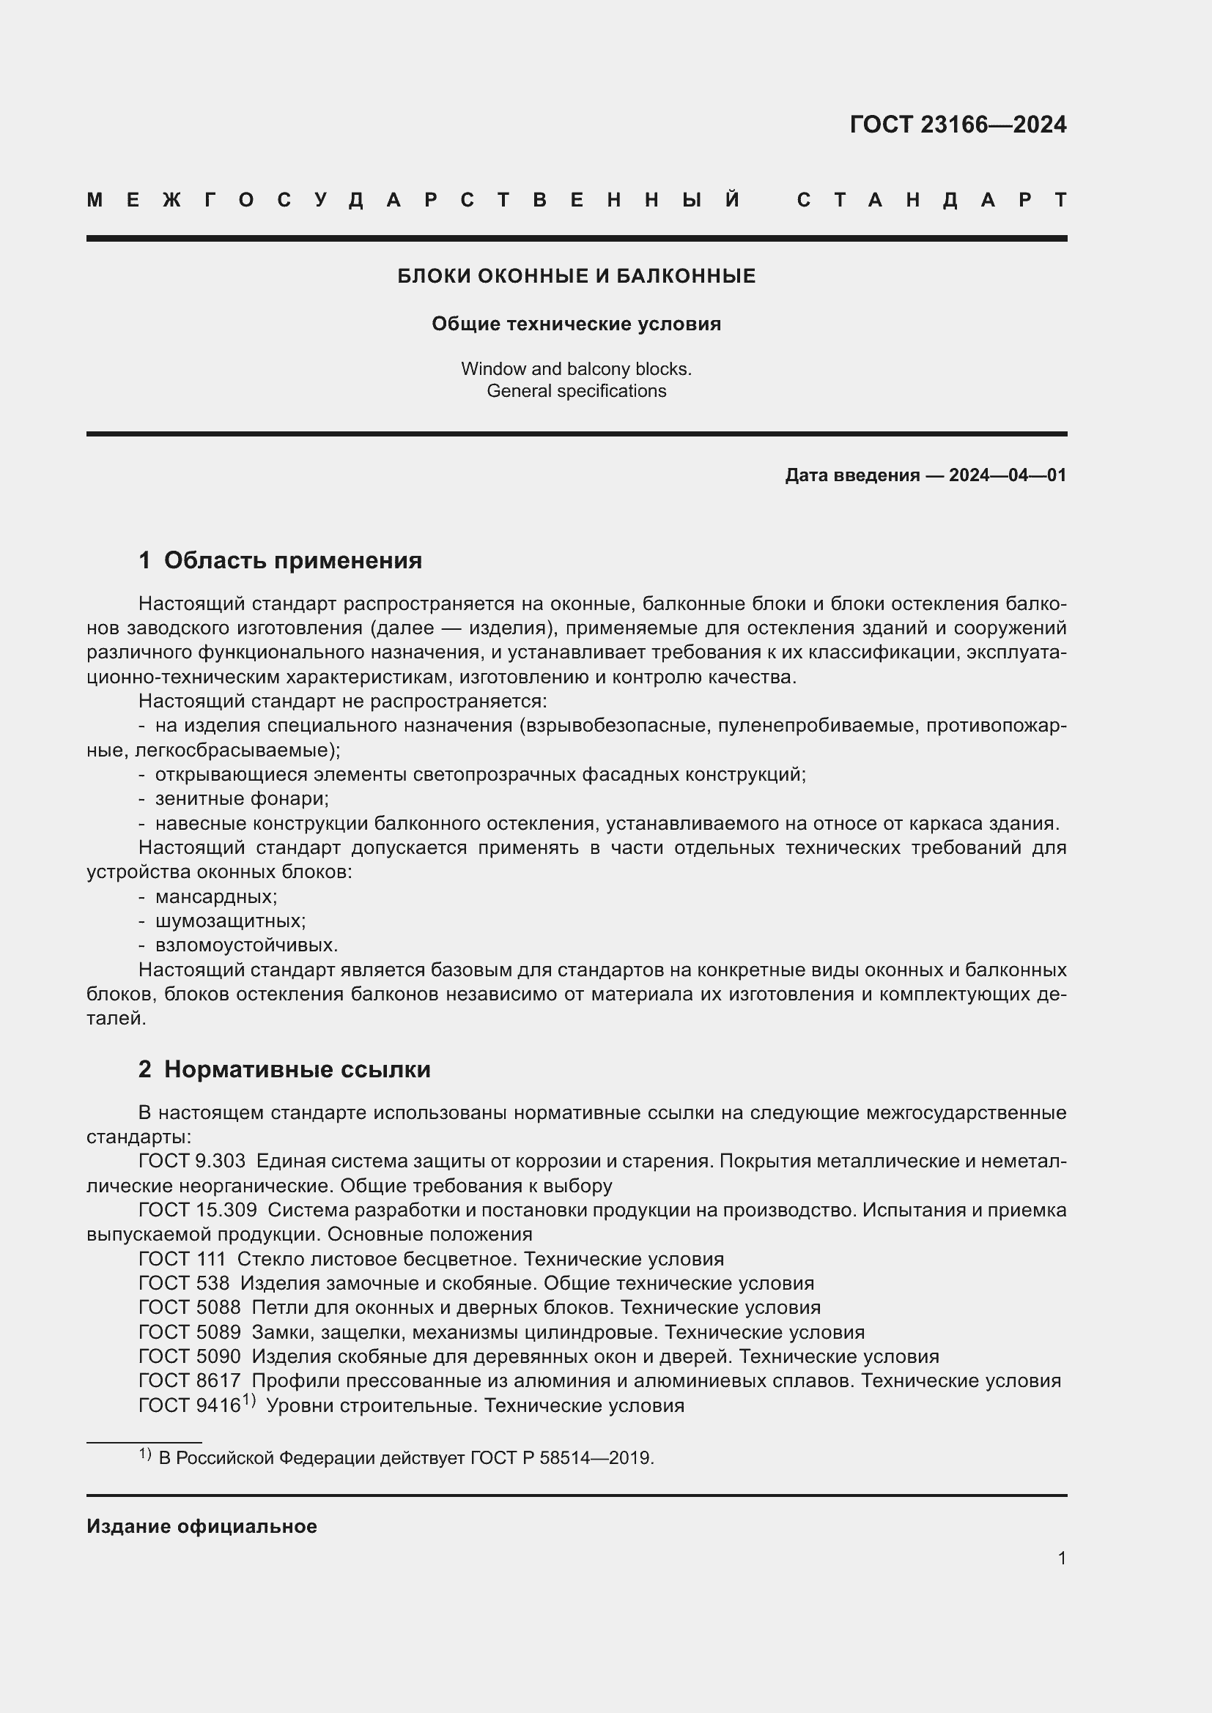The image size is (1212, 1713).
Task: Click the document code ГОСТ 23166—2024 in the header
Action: point(958,125)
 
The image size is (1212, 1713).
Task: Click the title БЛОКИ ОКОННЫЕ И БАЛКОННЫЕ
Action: point(576,276)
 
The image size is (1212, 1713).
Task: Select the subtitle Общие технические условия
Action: point(576,324)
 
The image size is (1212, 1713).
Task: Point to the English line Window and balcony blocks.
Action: point(576,368)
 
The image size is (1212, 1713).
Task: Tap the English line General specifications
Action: point(576,391)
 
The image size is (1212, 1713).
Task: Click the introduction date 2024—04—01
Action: point(1007,475)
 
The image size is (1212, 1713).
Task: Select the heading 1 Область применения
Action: point(280,560)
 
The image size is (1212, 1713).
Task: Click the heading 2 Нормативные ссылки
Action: point(284,1069)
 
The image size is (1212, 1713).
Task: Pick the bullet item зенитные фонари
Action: point(241,799)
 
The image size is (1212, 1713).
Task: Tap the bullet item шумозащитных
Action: point(230,921)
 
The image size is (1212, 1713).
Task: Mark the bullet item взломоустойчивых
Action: point(246,945)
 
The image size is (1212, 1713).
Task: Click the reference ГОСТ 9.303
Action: point(192,1161)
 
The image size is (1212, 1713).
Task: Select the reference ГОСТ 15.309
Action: point(198,1209)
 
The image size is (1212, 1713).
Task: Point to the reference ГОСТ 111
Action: point(182,1259)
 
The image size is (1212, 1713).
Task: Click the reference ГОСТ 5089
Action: point(190,1331)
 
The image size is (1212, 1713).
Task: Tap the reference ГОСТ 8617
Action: point(190,1381)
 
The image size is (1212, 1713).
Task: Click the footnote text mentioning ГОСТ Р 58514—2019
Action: point(406,1458)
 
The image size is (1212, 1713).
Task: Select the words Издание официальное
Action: point(202,1526)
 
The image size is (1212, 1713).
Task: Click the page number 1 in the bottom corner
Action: point(1061,1558)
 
